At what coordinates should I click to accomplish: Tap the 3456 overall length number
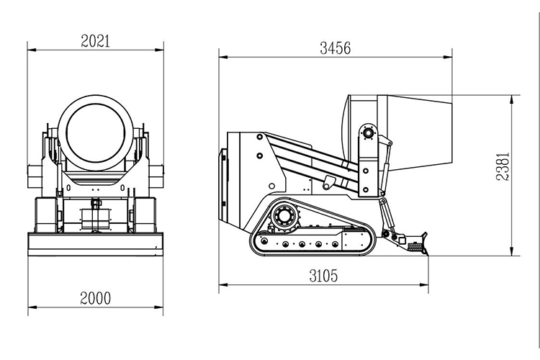pos(335,49)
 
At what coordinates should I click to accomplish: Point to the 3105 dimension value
pos(323,276)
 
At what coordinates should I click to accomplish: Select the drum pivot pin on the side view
pos(369,132)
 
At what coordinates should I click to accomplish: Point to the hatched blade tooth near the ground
pos(415,247)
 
